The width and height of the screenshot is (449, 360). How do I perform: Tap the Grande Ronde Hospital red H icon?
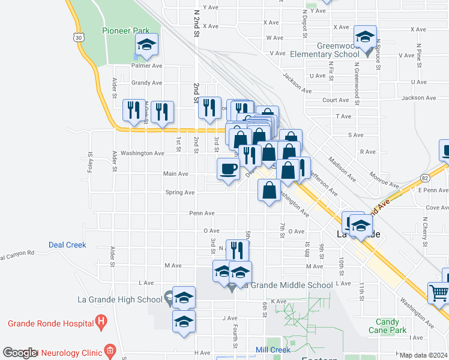(101, 323)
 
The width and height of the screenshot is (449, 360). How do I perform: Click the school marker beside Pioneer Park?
(146, 45)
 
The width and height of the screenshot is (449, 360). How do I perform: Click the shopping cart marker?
(439, 292)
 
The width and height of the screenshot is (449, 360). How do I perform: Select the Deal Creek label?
(67, 245)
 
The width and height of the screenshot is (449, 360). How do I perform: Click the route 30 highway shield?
(79, 37)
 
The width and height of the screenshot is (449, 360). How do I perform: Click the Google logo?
(20, 353)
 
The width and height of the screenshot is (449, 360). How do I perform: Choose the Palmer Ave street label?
(147, 66)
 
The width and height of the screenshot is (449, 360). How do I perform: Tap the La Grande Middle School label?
(287, 285)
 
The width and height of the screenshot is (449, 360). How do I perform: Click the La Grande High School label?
(120, 299)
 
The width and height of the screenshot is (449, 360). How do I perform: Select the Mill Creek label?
(273, 349)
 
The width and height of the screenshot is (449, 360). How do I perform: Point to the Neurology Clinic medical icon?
(109, 349)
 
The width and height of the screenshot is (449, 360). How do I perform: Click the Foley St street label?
(90, 161)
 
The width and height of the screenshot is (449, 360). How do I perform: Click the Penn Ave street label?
(202, 213)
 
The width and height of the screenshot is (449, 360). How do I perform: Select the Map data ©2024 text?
(423, 355)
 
